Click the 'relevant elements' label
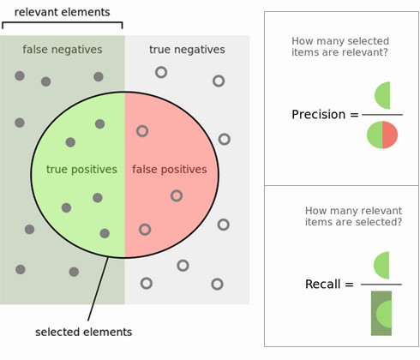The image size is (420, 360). click(x=62, y=12)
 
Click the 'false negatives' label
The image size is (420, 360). click(x=62, y=50)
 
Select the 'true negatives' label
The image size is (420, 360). click(x=187, y=50)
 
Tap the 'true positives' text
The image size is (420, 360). click(x=81, y=170)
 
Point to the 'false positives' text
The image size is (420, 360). click(x=169, y=170)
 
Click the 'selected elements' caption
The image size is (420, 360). click(x=83, y=332)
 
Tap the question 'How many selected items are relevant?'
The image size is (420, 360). click(x=340, y=47)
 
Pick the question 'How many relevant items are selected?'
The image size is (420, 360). click(x=353, y=216)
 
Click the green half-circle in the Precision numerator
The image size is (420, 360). click(x=383, y=95)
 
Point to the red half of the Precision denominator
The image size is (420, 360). click(x=390, y=135)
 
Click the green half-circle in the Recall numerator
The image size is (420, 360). click(x=383, y=265)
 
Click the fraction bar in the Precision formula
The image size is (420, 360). click(x=381, y=115)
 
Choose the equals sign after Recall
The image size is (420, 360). click(x=349, y=285)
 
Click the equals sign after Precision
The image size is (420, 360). click(x=354, y=115)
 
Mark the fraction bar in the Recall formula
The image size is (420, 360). click(x=381, y=285)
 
